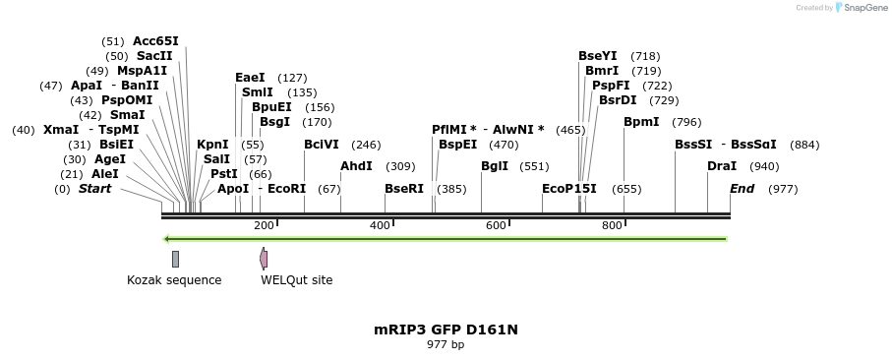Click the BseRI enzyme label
coord(404,189)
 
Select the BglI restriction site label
coord(495,166)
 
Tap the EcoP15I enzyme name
coord(569,189)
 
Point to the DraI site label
coord(722,166)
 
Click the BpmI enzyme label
coord(641,122)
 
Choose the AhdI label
coord(356,166)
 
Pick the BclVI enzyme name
coord(322,145)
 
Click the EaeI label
coord(250,78)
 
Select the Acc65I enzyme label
coord(155,41)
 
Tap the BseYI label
coord(598,56)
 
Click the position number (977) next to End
coord(783,189)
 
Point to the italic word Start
coord(95,189)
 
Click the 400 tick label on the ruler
coord(380,226)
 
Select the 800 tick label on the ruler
coord(612,226)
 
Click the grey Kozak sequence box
coord(175,259)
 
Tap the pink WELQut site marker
coord(264,259)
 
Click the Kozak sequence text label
coord(174,280)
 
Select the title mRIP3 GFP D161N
coord(446,330)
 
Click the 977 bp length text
coord(446,344)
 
